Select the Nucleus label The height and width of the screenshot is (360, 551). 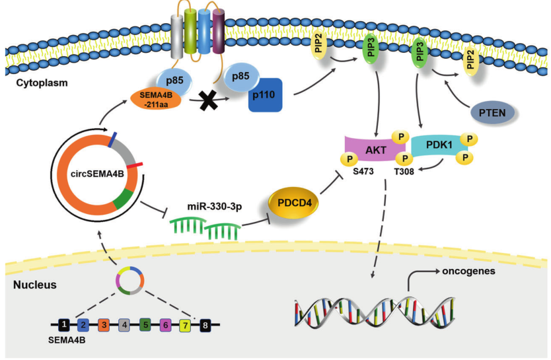tap(35, 285)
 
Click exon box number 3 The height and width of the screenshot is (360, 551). tap(103, 325)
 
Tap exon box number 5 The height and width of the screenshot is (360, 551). tap(145, 325)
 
